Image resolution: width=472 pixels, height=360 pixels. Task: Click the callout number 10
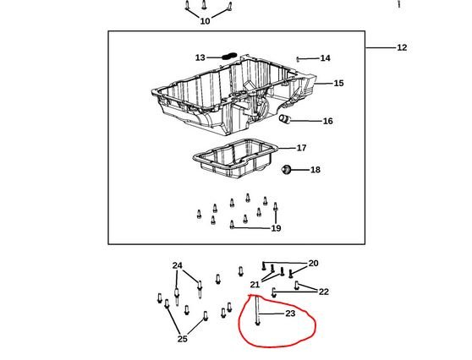[205, 21]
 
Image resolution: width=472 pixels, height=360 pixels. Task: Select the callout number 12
[402, 47]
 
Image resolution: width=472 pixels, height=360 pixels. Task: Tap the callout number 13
[200, 57]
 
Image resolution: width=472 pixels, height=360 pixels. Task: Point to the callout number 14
[325, 58]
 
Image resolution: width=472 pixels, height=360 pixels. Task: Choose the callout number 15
[338, 83]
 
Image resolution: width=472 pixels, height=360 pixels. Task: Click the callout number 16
[328, 121]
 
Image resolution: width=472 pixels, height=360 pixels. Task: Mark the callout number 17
[302, 148]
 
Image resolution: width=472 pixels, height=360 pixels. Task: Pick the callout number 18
[316, 170]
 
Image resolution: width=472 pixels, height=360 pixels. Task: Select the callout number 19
[276, 228]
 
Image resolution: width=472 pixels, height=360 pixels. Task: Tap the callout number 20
[313, 263]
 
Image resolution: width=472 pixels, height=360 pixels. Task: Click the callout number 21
[255, 284]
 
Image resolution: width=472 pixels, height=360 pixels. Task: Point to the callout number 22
[324, 292]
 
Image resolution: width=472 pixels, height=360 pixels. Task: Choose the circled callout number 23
[290, 314]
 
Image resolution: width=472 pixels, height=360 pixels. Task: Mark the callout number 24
[178, 265]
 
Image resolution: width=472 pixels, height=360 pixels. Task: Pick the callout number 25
[183, 339]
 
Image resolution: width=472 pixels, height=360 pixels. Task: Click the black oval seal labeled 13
[229, 56]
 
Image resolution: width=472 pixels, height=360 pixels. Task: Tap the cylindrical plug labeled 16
[284, 119]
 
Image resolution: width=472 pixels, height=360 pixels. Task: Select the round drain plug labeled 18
[286, 170]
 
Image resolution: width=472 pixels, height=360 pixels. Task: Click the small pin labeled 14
[298, 59]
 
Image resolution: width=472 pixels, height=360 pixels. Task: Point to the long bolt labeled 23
[257, 310]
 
